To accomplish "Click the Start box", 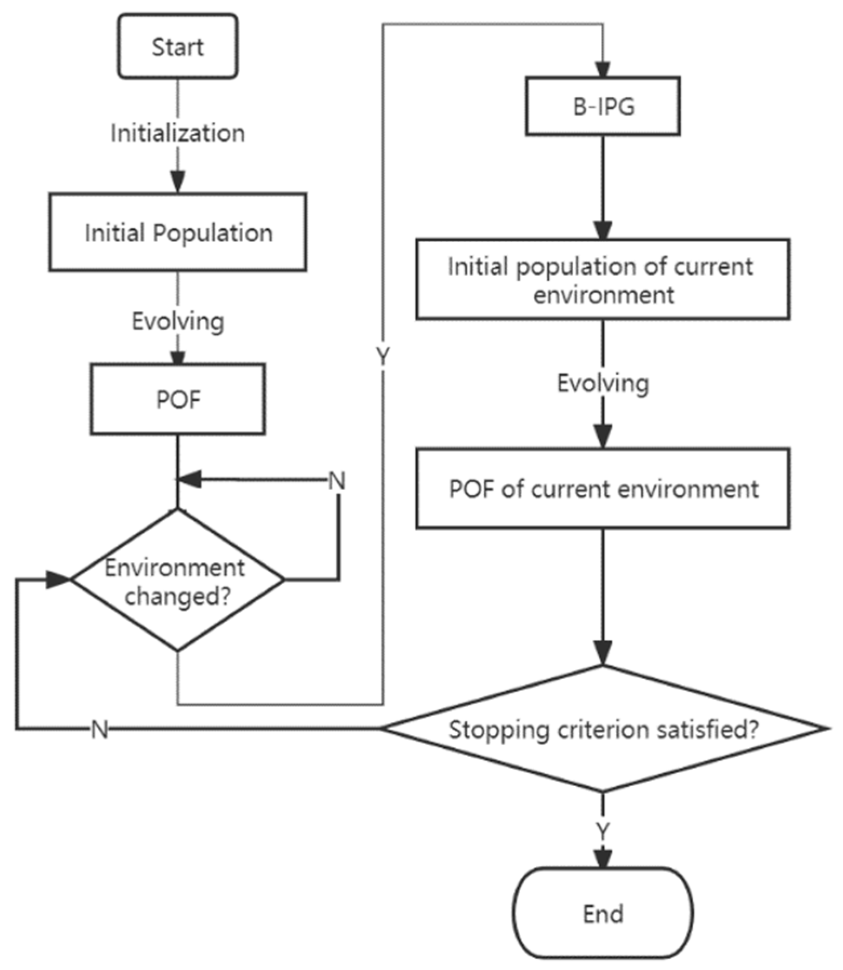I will tap(177, 46).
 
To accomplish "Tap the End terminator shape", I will tap(603, 913).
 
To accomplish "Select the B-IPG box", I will tap(603, 106).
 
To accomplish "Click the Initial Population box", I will tap(178, 232).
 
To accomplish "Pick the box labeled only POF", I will tap(178, 400).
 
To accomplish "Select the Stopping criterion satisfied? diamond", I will tap(603, 729).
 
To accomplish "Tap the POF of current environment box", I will tap(603, 488).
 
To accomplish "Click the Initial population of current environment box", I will tap(603, 280).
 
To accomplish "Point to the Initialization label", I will tap(178, 133).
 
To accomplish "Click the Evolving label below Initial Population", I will tap(178, 321).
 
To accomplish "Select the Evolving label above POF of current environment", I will tap(603, 383).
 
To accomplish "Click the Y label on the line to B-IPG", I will tap(383, 356).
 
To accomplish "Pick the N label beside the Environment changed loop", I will tap(337, 480).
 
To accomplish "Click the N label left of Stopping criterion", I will tap(100, 729).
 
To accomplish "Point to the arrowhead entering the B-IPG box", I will tap(603, 69).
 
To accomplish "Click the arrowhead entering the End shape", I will tap(603, 858).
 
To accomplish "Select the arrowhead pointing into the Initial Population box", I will tap(178, 181).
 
